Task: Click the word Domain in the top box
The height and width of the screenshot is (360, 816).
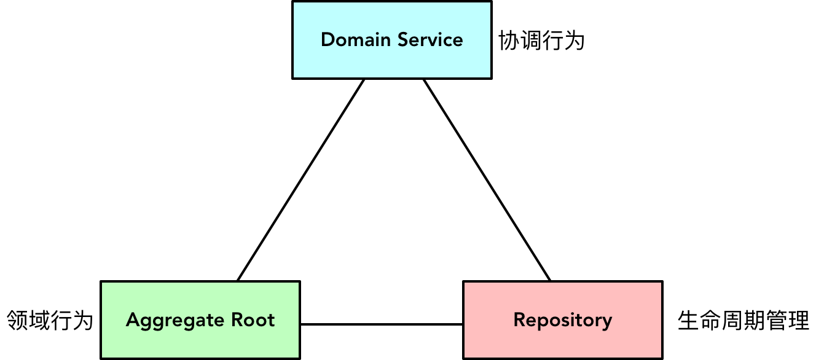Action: point(356,40)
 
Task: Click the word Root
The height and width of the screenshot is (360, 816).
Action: point(253,320)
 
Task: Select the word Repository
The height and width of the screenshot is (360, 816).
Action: point(562,320)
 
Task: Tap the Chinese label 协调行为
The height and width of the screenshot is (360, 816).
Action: point(541,41)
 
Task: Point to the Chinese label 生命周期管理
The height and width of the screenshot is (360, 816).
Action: point(743,320)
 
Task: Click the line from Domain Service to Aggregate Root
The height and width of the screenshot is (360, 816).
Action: point(301,179)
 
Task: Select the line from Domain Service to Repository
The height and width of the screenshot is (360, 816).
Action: point(487,179)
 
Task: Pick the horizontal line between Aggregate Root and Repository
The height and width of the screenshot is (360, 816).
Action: point(381,324)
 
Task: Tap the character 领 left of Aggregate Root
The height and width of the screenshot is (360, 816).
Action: point(17,320)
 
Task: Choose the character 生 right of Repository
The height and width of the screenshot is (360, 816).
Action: point(688,320)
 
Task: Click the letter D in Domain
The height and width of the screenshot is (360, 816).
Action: point(327,40)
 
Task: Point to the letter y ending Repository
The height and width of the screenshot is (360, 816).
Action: point(607,322)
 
